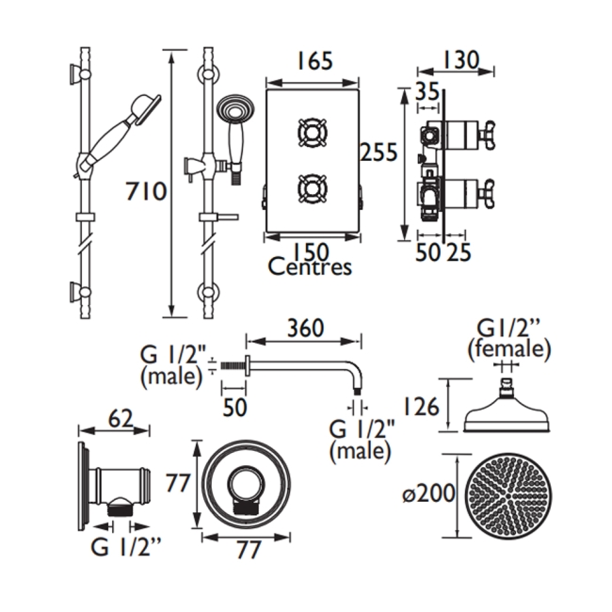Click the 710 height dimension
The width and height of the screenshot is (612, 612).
[146, 192]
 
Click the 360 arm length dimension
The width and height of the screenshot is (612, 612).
[304, 329]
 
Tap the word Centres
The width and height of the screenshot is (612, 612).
[310, 267]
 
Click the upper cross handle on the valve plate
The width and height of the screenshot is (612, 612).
[313, 132]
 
